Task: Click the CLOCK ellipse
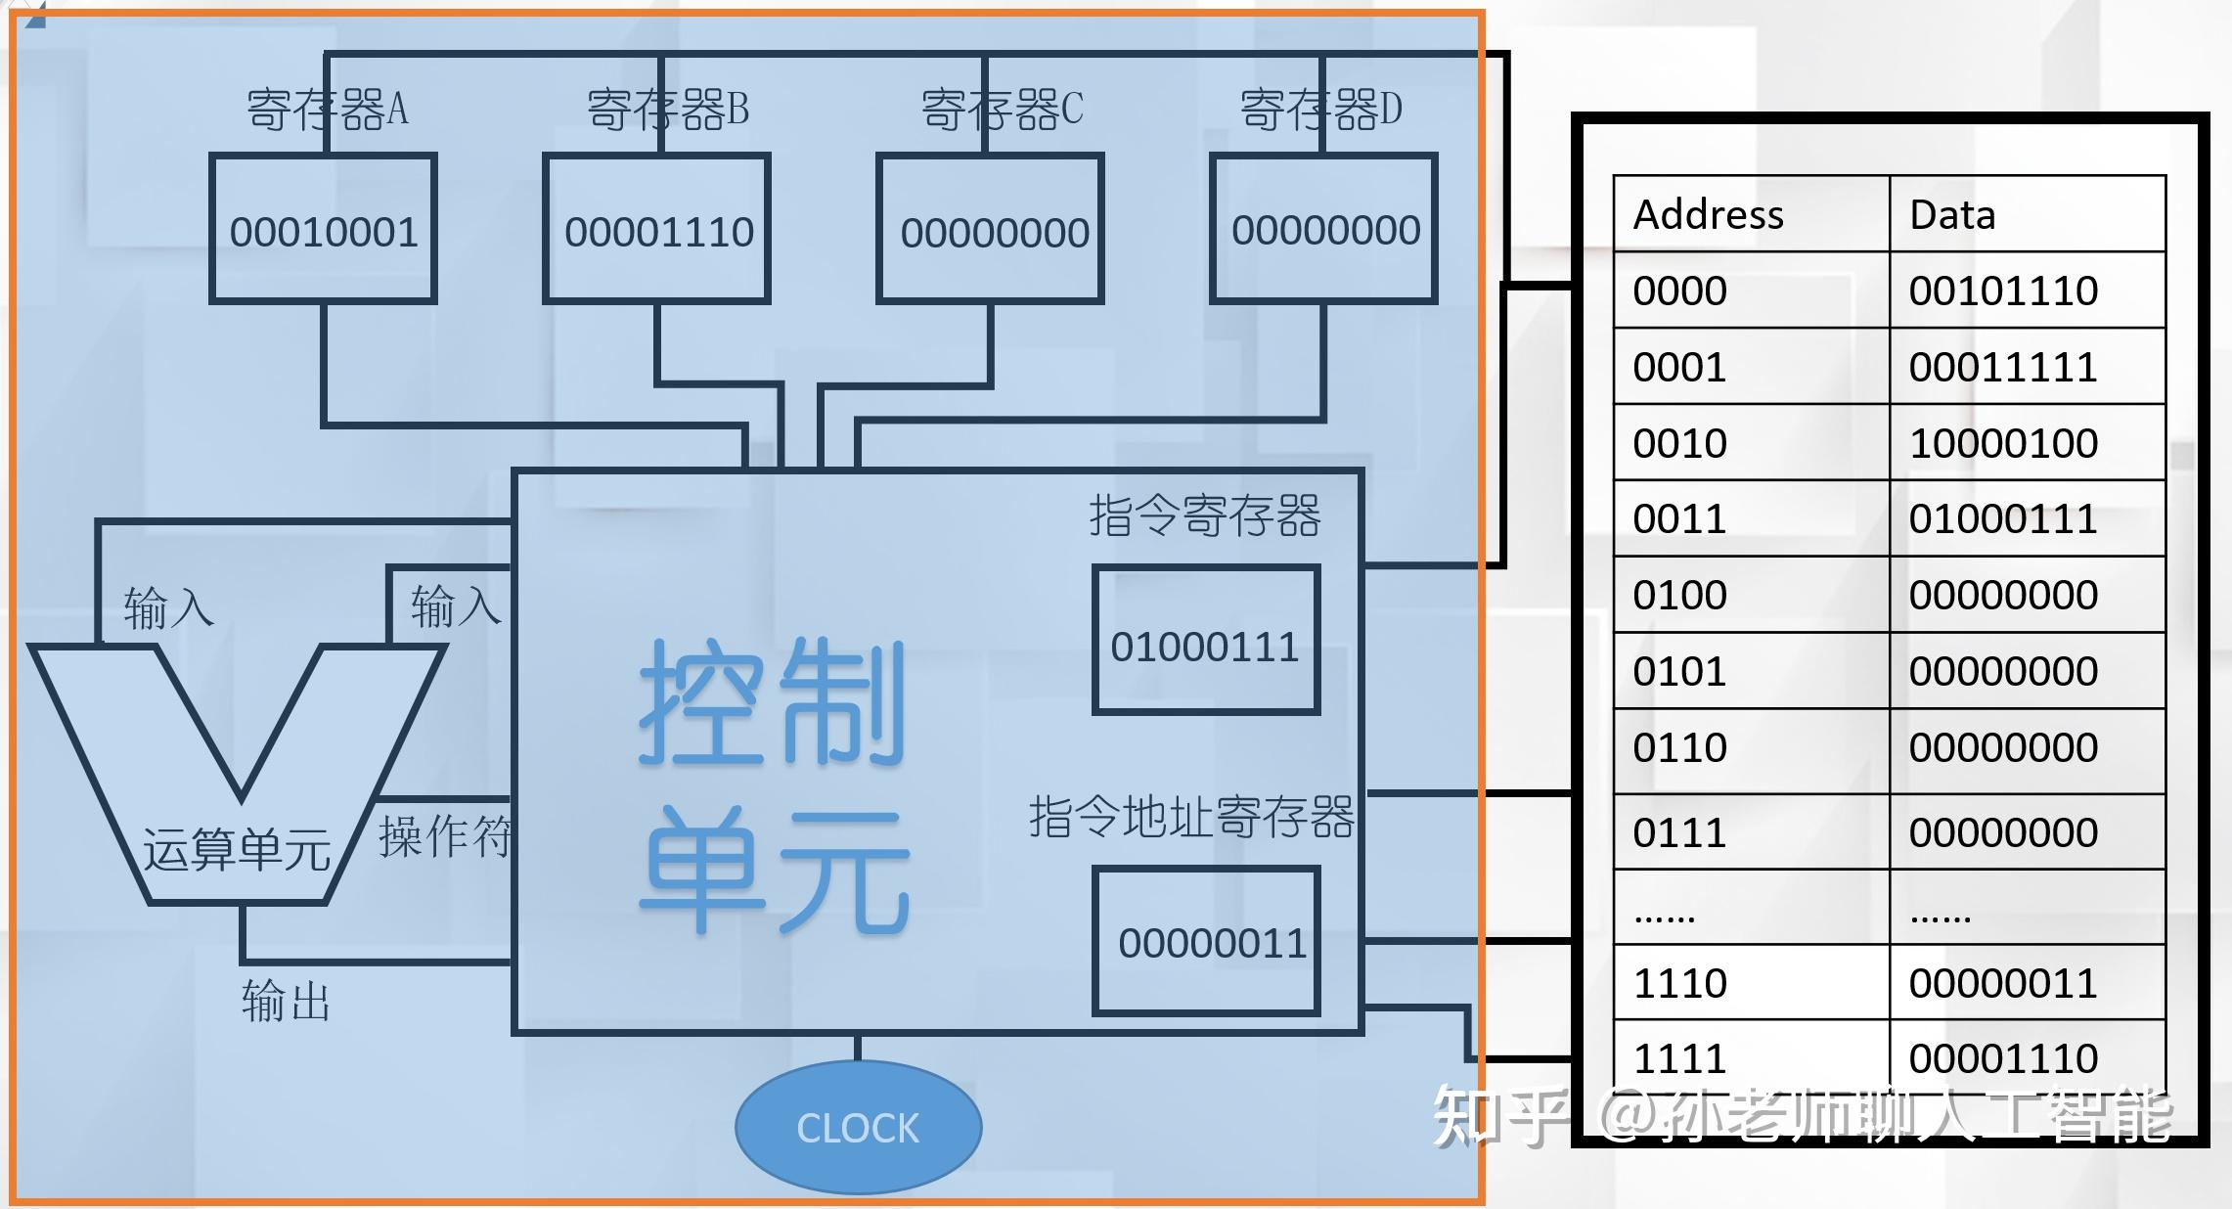[x=858, y=1128]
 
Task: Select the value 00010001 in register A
[x=324, y=232]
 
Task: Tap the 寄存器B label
[x=667, y=109]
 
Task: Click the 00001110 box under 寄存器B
[x=658, y=232]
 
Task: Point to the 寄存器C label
[x=1002, y=109]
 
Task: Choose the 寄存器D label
[x=1320, y=109]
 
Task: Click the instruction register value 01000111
[x=1205, y=647]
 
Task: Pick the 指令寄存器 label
[x=1205, y=515]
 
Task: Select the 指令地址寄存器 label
[x=1191, y=817]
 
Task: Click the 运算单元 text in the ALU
[x=237, y=848]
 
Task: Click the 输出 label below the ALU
[x=286, y=1001]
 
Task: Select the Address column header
[x=1709, y=214]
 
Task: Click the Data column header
[x=1952, y=214]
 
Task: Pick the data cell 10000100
[x=2003, y=443]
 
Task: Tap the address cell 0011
[x=1679, y=518]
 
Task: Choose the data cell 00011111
[x=2003, y=367]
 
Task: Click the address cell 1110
[x=1679, y=983]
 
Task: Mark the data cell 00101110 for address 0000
[x=2003, y=291]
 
